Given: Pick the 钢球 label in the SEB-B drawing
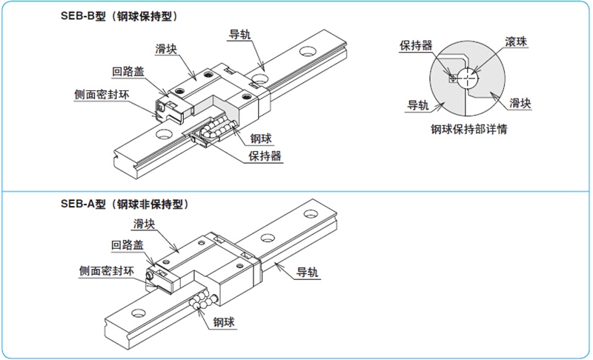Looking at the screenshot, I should pos(261,138).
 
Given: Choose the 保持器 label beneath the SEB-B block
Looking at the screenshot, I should pos(265,156).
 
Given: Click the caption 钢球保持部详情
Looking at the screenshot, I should pos(467,129).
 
